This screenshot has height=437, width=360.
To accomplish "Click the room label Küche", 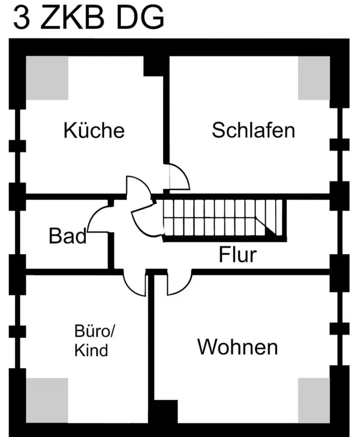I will click(x=94, y=130).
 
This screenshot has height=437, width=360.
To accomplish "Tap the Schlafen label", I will click(x=253, y=130).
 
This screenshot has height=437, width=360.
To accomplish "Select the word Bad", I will click(x=67, y=236).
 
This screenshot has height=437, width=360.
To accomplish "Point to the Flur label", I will click(x=238, y=255).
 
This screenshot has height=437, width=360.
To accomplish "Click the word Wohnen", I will click(x=237, y=347).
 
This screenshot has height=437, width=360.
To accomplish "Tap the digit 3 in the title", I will click(x=21, y=18).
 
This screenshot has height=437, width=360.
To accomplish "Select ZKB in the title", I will click(x=74, y=18).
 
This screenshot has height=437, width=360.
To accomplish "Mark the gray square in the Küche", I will click(x=48, y=77).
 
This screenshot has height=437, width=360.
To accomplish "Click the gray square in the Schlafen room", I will click(x=314, y=77).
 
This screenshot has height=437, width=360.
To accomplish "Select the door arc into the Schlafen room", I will click(x=179, y=177).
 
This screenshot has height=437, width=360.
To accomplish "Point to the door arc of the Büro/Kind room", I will click(x=135, y=284).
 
